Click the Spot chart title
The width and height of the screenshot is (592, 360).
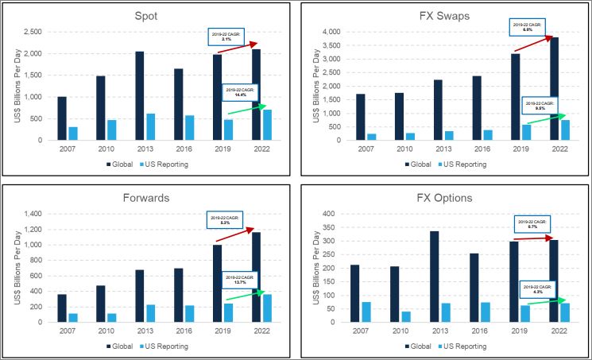[x=146, y=15]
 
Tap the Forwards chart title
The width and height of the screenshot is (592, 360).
[x=146, y=197]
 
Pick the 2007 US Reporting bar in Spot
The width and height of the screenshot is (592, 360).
[x=73, y=134]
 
